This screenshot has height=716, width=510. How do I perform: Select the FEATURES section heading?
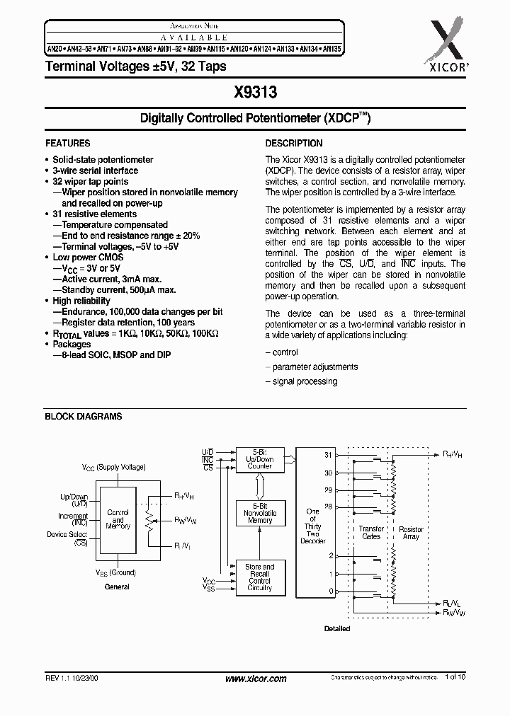[x=67, y=143]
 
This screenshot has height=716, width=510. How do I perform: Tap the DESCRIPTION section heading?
[x=294, y=143]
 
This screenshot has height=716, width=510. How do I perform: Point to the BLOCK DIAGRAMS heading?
[x=84, y=417]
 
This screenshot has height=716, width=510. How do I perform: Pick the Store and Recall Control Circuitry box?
[x=260, y=577]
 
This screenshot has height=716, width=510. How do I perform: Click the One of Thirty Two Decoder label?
[x=312, y=526]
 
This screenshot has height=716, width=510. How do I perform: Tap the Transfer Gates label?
[x=371, y=532]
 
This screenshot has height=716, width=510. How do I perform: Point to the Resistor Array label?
[x=412, y=532]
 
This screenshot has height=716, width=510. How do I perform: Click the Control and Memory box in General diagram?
[x=118, y=519]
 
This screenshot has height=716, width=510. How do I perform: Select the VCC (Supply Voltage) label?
[x=113, y=468]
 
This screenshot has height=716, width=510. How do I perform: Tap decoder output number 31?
[x=328, y=455]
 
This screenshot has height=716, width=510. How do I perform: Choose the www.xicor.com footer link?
[x=255, y=679]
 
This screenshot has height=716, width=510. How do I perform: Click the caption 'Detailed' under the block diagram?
[x=337, y=629]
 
